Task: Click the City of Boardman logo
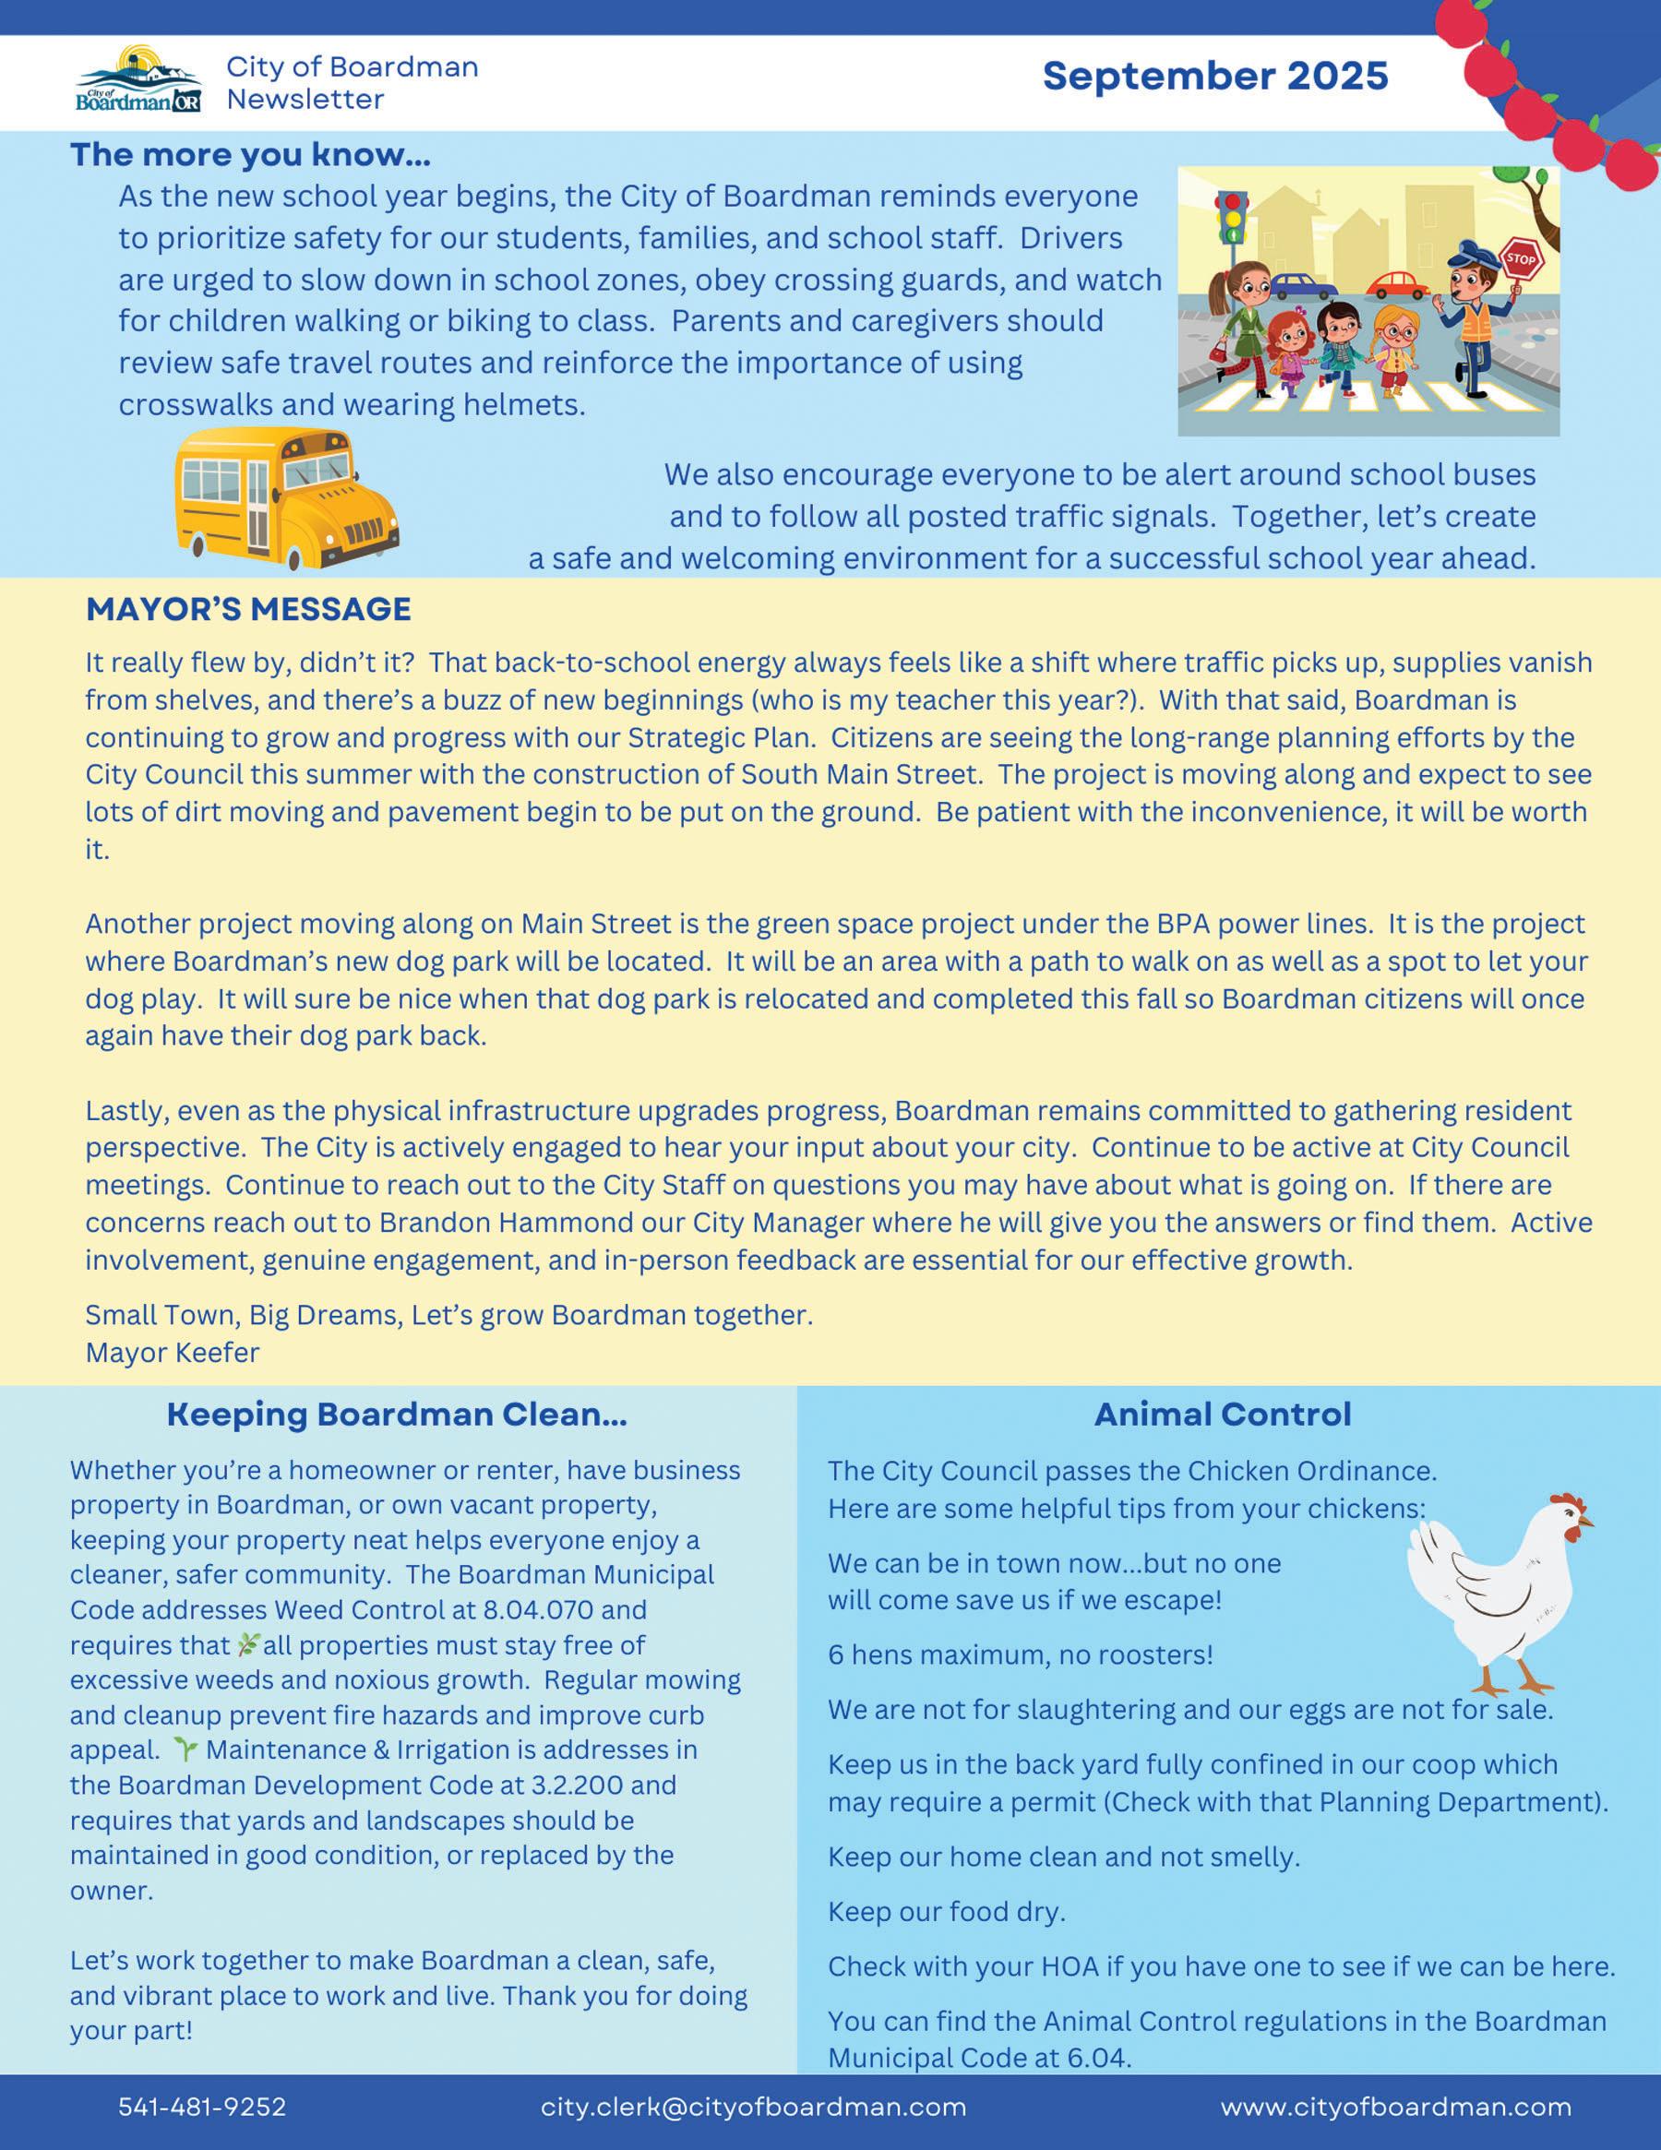pyautogui.click(x=138, y=79)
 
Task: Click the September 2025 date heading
pyautogui.click(x=1215, y=76)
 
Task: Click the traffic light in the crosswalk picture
pyautogui.click(x=1230, y=219)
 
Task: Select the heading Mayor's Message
pyautogui.click(x=248, y=609)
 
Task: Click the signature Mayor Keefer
pyautogui.click(x=173, y=1353)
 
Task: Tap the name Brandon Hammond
pyautogui.click(x=506, y=1223)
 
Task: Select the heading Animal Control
pyautogui.click(x=1222, y=1415)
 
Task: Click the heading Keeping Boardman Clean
pyautogui.click(x=396, y=1415)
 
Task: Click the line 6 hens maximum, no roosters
pyautogui.click(x=1020, y=1654)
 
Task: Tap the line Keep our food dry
pyautogui.click(x=946, y=1912)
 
